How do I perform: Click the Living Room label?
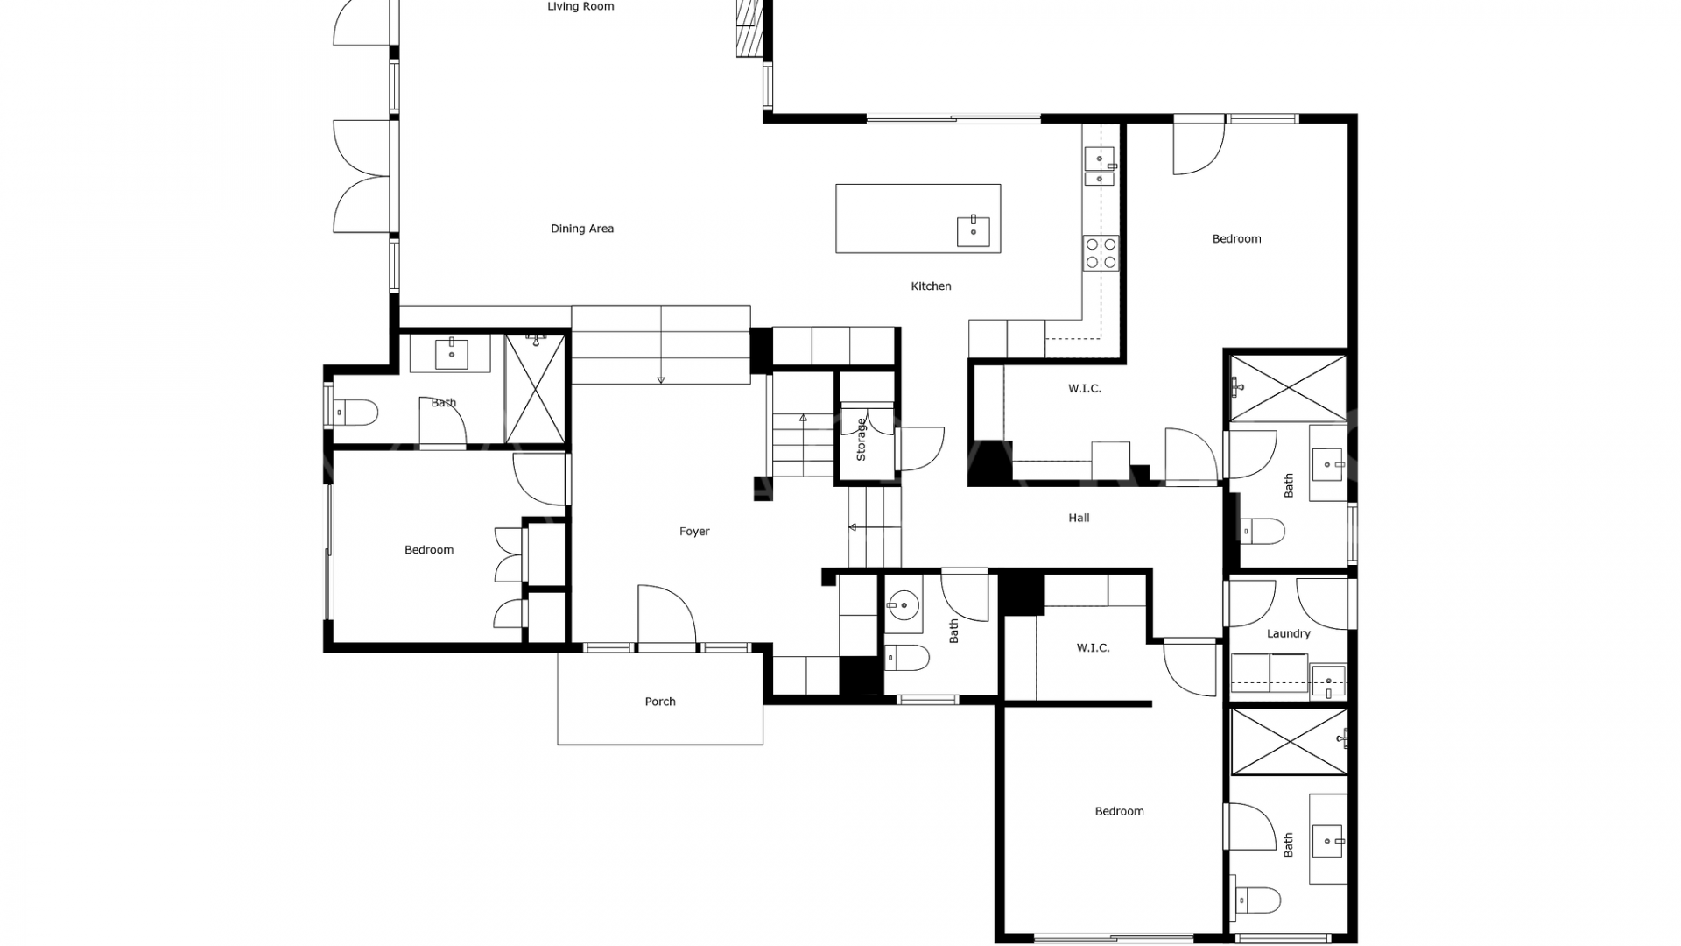tap(580, 6)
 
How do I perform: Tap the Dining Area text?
tap(582, 229)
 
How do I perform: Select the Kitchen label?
tap(931, 286)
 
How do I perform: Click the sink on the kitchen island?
tap(973, 230)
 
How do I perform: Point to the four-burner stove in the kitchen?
tap(1101, 253)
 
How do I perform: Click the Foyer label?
tap(694, 531)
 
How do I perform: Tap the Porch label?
tap(660, 701)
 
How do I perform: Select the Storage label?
tap(861, 440)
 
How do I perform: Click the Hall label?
tap(1079, 518)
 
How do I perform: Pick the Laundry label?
tap(1289, 633)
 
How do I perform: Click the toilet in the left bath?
tap(357, 412)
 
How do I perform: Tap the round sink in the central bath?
tap(901, 604)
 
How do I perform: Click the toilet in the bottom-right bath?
tap(1257, 900)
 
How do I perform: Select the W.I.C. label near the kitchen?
tap(1085, 388)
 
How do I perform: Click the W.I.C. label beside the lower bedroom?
tap(1094, 647)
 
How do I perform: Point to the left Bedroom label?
tap(429, 549)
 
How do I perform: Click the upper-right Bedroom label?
tap(1236, 238)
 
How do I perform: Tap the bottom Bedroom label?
tap(1120, 811)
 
